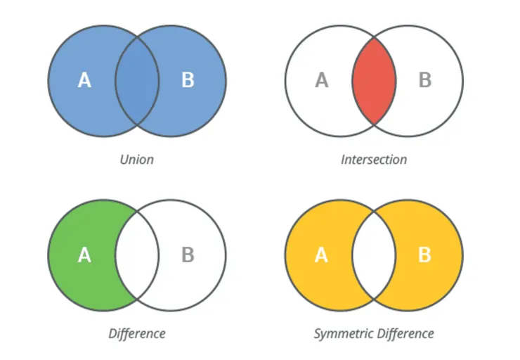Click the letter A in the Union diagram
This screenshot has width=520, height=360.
click(84, 81)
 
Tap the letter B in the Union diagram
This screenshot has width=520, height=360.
click(188, 81)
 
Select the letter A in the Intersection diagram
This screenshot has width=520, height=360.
click(321, 81)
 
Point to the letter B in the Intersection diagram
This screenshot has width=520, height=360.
click(424, 81)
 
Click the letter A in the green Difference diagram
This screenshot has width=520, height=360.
click(84, 255)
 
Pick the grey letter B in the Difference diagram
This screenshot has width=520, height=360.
click(188, 255)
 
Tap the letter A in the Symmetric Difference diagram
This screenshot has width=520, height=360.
click(321, 255)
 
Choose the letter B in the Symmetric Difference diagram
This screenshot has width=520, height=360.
click(424, 255)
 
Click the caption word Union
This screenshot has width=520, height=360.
click(136, 160)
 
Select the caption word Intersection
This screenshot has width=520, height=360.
click(374, 160)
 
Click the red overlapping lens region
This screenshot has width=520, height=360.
click(374, 81)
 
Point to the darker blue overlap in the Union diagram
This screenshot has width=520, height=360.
click(137, 81)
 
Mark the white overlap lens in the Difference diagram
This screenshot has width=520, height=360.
click(137, 255)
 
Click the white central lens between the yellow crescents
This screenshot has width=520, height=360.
click(374, 255)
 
